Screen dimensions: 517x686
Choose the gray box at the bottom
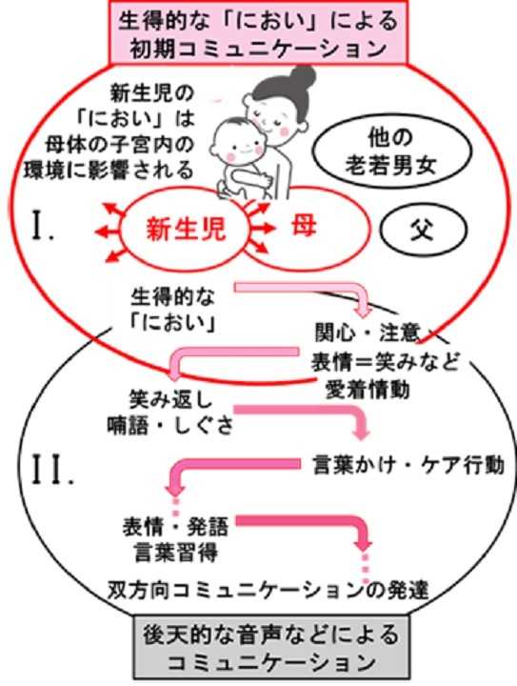pyautogui.click(x=271, y=647)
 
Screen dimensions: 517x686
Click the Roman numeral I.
pyautogui.click(x=43, y=226)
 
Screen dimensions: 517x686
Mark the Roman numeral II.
pyautogui.click(x=51, y=469)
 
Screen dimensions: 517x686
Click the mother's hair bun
pyautogui.click(x=304, y=77)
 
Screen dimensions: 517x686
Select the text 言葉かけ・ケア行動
pyautogui.click(x=408, y=465)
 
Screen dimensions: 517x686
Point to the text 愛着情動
pyautogui.click(x=368, y=389)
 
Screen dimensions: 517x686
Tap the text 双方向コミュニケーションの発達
pyautogui.click(x=268, y=590)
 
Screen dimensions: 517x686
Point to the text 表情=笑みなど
pyautogui.click(x=386, y=361)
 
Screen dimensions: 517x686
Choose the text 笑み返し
pyautogui.click(x=170, y=399)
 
